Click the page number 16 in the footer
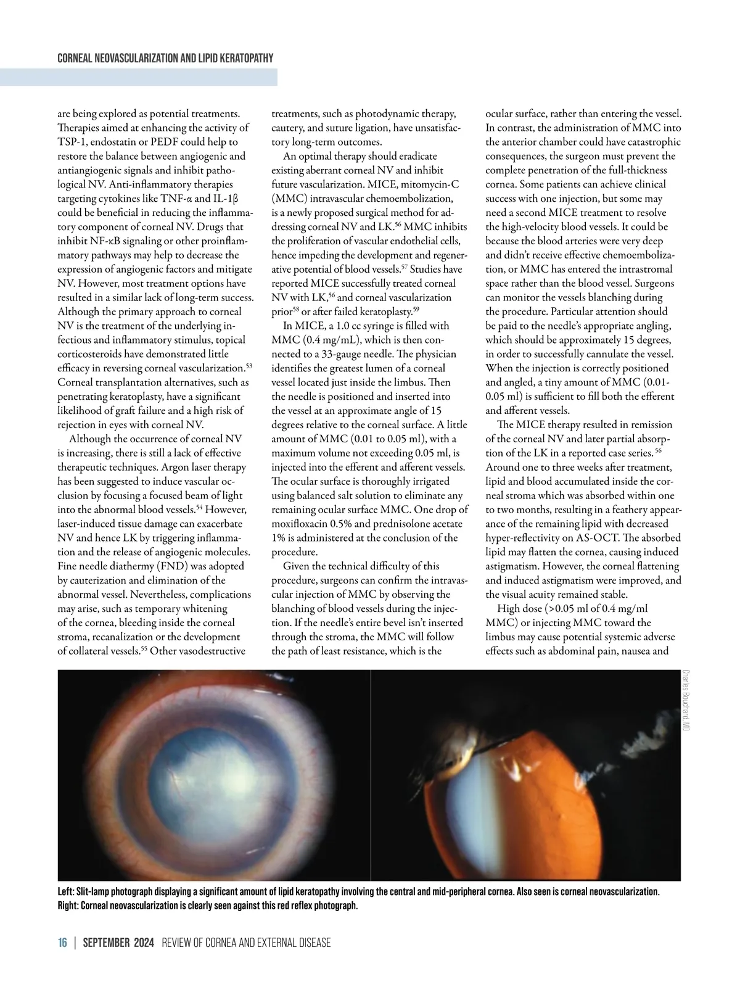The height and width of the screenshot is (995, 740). [62, 943]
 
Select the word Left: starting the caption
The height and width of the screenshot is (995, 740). [66, 892]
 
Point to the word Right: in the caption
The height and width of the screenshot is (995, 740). [67, 906]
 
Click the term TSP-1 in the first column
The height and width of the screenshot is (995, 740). [70, 142]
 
